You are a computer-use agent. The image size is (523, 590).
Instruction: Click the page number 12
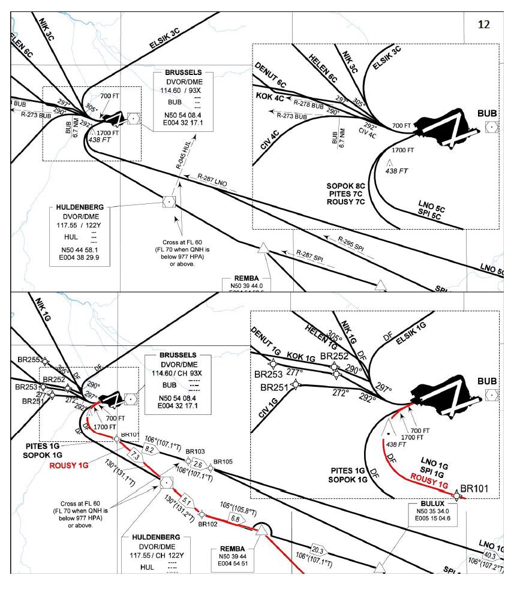(484, 24)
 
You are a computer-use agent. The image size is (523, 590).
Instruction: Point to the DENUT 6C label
(270, 76)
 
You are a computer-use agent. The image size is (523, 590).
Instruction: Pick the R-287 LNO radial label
(213, 178)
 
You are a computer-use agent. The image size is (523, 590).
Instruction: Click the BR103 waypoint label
(195, 451)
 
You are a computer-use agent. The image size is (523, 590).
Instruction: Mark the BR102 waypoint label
(208, 523)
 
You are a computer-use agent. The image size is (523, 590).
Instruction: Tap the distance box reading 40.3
(491, 555)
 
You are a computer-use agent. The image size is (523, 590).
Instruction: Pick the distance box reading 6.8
(235, 518)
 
